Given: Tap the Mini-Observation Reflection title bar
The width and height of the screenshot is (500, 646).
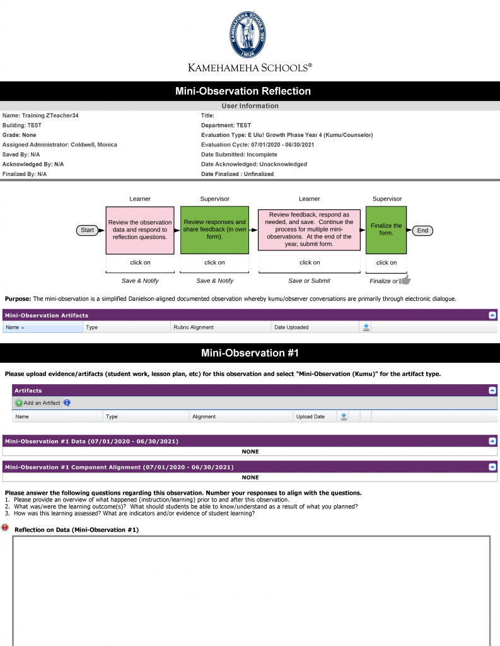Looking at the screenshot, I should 250,91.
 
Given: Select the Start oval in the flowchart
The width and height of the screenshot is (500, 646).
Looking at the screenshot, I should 88,230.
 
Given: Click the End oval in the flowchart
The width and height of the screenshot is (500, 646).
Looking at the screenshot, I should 422,230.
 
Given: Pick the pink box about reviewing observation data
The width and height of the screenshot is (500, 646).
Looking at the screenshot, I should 139,230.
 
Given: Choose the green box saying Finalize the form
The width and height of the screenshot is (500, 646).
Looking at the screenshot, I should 386,230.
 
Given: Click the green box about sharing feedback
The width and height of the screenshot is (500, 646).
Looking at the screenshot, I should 214,230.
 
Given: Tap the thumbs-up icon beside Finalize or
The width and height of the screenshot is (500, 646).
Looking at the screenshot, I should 405,280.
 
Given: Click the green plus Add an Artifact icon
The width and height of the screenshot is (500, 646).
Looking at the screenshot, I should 19,402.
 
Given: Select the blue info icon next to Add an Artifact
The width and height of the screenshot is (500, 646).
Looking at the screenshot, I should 67,402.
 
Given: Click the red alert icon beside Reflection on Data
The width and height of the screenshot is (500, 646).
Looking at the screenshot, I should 6,527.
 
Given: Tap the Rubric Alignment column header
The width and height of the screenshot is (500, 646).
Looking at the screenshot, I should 194,327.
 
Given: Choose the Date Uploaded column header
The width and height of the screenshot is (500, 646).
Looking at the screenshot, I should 291,327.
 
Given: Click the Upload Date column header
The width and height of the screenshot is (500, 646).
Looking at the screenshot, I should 310,416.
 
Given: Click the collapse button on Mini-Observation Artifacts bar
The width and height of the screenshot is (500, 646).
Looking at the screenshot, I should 492,315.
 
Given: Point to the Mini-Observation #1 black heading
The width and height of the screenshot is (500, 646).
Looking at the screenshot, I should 250,353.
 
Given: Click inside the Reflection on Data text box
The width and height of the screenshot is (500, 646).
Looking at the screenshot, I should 251,590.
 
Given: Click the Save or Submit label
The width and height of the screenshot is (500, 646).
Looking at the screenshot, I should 309,281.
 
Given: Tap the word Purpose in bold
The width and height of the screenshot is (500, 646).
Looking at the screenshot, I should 17,298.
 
